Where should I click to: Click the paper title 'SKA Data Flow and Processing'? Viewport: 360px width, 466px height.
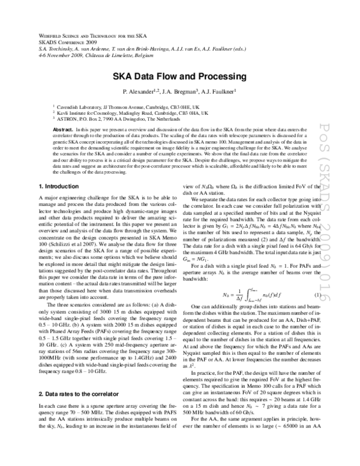click(x=180, y=77)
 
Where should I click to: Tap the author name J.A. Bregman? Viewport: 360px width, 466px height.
click(x=179, y=92)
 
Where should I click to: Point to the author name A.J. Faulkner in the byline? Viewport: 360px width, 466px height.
click(x=217, y=92)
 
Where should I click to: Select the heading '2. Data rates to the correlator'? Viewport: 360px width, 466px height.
click(x=78, y=360)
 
